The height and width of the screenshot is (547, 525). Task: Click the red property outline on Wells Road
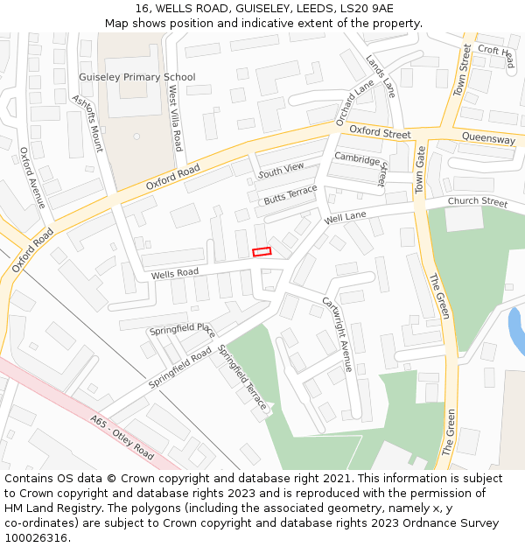(262, 252)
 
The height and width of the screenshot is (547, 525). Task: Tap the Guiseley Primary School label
(137, 77)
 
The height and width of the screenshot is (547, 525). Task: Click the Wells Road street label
(175, 274)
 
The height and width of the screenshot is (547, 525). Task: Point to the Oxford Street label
(380, 133)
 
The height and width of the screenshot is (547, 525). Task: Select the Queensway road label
(488, 138)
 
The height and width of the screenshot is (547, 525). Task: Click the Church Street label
(477, 202)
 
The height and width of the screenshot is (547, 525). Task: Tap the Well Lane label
(346, 216)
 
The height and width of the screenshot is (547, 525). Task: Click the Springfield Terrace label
(241, 377)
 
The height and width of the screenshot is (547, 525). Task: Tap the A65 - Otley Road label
(122, 437)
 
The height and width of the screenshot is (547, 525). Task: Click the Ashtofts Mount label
(87, 123)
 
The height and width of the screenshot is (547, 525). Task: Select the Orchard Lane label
(355, 102)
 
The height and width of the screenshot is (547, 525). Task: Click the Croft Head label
(496, 55)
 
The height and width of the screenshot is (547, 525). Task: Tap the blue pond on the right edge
(516, 331)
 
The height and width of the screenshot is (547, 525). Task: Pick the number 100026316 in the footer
(36, 537)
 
